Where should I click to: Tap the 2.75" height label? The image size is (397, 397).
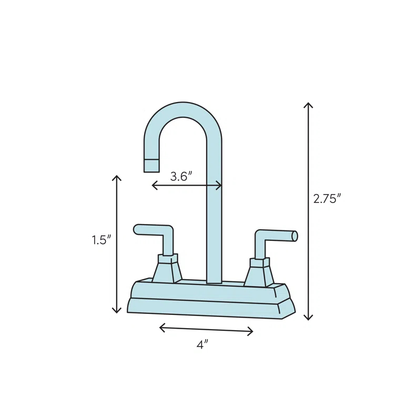(x=327, y=199)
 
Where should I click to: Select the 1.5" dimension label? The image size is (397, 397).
(x=101, y=240)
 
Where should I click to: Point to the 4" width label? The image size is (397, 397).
(x=202, y=344)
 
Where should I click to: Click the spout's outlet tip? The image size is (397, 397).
(x=151, y=166)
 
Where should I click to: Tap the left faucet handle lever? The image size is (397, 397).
(x=152, y=230)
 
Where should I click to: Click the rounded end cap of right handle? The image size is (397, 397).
(x=294, y=236)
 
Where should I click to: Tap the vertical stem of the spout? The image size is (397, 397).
(x=214, y=221)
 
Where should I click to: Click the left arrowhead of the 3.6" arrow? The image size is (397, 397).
(x=153, y=185)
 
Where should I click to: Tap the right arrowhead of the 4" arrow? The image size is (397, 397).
(x=252, y=332)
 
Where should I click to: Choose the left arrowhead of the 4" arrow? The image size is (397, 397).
(x=160, y=328)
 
